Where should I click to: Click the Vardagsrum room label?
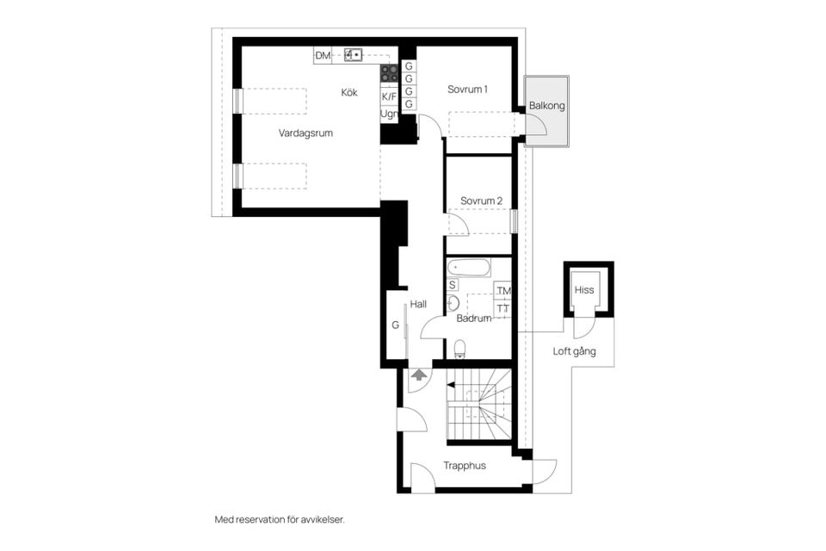point(305,133)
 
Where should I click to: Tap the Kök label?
point(349,93)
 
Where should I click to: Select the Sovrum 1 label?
point(467,90)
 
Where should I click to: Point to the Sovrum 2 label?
point(481,201)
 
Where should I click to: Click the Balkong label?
point(547,105)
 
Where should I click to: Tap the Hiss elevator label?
point(584,290)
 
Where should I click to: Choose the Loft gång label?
point(574,351)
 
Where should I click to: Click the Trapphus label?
point(464,466)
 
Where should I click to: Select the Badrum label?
point(473,319)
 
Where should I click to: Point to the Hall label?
point(418,304)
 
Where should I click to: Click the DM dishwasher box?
point(323,55)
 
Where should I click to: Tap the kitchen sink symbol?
point(353,54)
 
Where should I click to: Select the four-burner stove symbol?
point(389,73)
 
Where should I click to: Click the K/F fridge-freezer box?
point(389,96)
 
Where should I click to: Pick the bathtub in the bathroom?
point(468,268)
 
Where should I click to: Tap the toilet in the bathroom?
point(459,349)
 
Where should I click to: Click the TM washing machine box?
point(503,290)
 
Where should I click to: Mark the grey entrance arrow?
point(419,375)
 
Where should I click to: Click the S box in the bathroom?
point(452,285)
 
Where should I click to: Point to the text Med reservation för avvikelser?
point(280,520)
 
